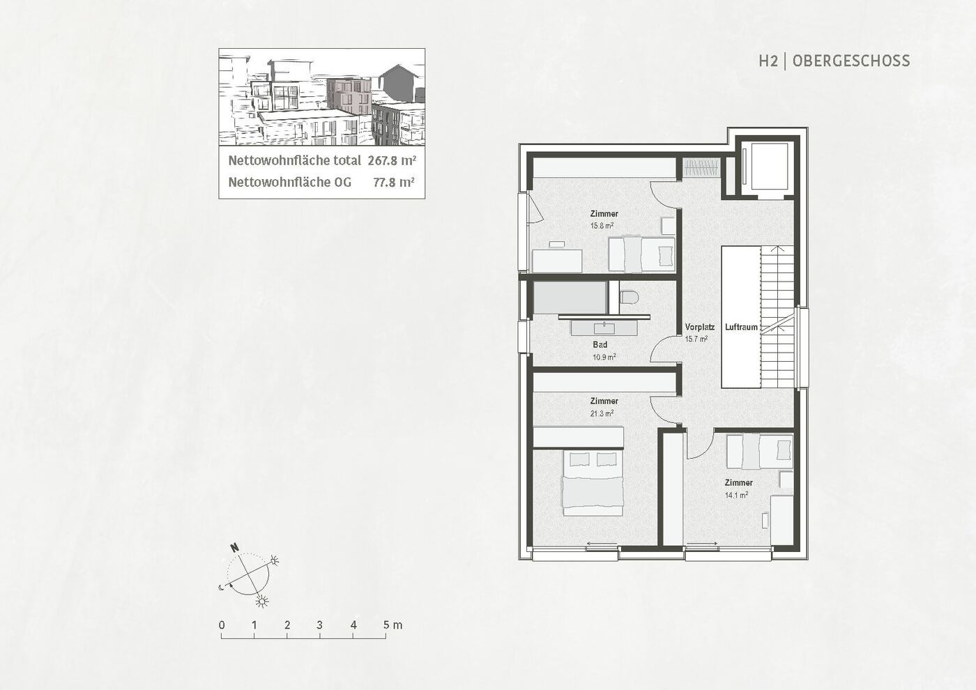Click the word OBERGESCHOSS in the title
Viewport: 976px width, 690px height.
(x=851, y=61)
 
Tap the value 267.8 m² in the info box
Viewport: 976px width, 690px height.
(x=392, y=161)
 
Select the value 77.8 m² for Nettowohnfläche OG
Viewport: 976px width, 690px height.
(x=393, y=182)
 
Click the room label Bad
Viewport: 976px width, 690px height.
(x=600, y=344)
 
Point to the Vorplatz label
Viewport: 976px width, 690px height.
(x=700, y=327)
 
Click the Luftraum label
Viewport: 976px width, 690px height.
(x=741, y=327)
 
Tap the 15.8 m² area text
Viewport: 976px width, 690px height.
(x=602, y=226)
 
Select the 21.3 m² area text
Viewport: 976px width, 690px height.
(x=602, y=413)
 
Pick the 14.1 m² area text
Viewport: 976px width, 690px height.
(x=737, y=495)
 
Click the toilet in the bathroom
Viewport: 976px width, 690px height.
(x=629, y=298)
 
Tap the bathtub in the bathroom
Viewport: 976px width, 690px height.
(x=570, y=298)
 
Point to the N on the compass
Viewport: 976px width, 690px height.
(x=235, y=548)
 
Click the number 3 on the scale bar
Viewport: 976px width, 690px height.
(x=320, y=625)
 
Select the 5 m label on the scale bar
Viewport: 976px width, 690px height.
(x=392, y=625)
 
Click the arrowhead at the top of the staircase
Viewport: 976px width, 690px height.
(x=778, y=250)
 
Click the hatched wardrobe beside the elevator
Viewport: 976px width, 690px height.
(x=701, y=167)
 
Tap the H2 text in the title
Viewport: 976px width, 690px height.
(x=768, y=61)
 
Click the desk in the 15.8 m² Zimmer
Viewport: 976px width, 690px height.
(x=557, y=261)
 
